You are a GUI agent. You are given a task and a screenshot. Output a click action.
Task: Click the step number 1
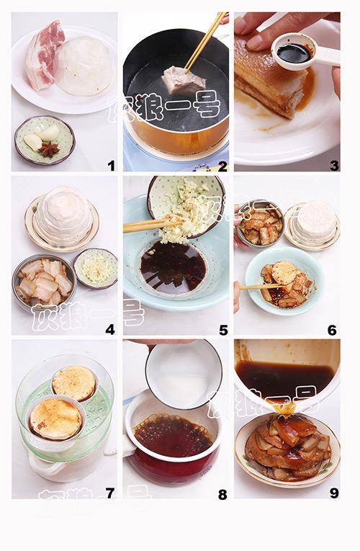click(x=112, y=166)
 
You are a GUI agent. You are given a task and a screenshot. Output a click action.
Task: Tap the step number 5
click(x=223, y=330)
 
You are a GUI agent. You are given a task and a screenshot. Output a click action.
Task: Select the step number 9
click(x=334, y=493)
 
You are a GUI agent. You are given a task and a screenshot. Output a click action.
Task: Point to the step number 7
click(x=110, y=493)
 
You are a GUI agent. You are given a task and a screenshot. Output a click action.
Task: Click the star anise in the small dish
click(x=48, y=150)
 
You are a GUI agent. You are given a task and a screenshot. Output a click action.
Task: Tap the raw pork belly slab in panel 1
click(x=44, y=55)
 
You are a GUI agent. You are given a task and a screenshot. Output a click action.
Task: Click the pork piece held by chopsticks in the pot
click(x=184, y=81)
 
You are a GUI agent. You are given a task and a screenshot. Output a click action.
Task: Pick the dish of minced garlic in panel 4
click(x=96, y=269)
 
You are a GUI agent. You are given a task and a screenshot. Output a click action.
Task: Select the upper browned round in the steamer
click(x=74, y=383)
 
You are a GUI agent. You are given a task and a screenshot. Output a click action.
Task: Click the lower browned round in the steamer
click(x=55, y=418)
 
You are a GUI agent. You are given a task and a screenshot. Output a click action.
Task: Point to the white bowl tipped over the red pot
click(x=184, y=375)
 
